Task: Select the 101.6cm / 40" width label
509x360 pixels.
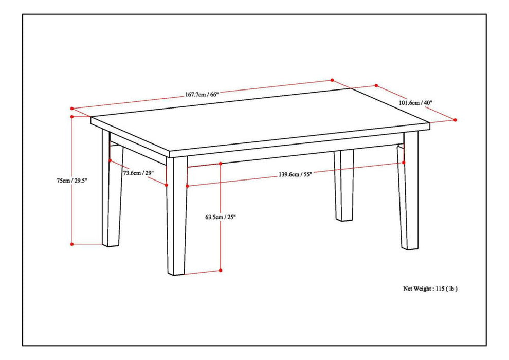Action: (415, 102)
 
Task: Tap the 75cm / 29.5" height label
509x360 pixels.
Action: (72, 181)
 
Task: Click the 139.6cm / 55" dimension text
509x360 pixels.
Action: (295, 174)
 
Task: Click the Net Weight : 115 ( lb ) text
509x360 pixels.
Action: (430, 289)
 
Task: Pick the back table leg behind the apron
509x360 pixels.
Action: (344, 185)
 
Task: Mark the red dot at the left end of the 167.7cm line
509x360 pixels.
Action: (72, 109)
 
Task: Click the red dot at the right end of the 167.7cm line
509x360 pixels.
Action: (332, 80)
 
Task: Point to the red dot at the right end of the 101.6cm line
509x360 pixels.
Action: (455, 120)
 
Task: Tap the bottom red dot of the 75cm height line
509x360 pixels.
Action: (72, 244)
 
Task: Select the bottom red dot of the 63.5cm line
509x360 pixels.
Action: (221, 270)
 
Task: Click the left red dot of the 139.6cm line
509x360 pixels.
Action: (188, 186)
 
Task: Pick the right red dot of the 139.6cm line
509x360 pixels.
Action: (404, 163)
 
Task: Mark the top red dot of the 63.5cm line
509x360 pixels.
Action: (221, 164)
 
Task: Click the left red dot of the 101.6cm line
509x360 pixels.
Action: (376, 86)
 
